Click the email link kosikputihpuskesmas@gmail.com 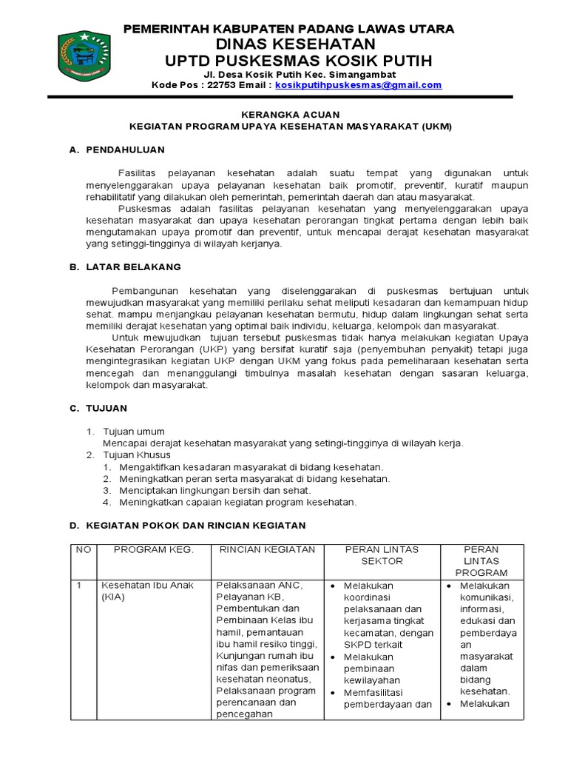coord(359,85)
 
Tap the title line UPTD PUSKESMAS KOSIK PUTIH coord(289,60)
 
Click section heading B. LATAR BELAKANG coord(125,266)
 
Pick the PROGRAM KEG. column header coord(153,549)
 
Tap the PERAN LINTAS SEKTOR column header coord(382,555)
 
